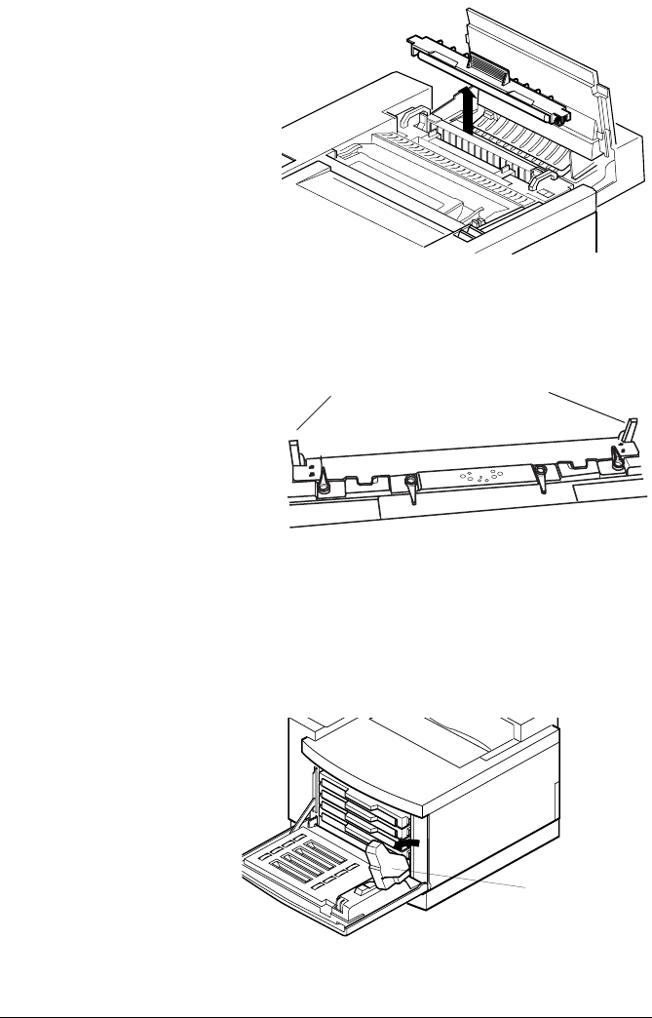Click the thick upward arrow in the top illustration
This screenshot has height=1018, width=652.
469,106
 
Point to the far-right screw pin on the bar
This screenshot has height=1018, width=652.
616,452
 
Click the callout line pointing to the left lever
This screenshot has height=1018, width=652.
316,413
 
